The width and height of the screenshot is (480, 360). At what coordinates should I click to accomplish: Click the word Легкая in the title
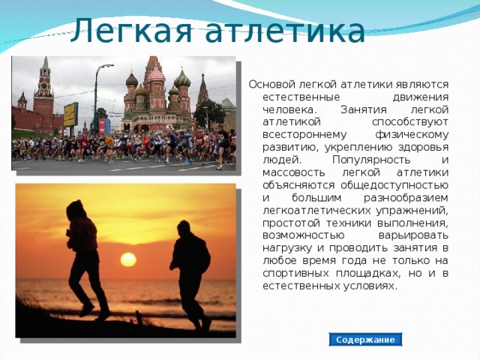click(x=135, y=31)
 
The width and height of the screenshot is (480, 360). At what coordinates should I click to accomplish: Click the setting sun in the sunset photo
click(x=128, y=259)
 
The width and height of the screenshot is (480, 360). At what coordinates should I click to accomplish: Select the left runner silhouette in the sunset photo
click(x=83, y=255)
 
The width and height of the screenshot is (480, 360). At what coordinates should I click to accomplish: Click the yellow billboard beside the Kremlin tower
click(x=70, y=114)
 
